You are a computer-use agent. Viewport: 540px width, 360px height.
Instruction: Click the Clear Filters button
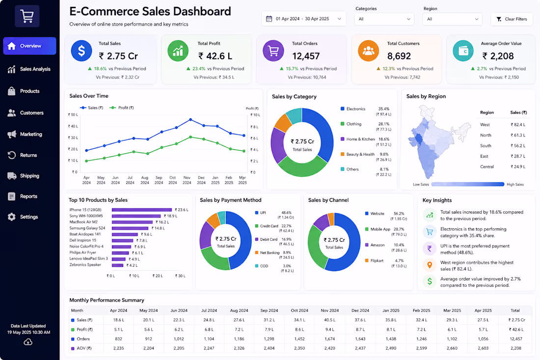click(x=512, y=19)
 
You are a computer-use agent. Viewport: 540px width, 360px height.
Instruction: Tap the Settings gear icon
click(x=12, y=217)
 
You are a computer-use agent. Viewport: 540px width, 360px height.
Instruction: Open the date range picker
click(x=303, y=19)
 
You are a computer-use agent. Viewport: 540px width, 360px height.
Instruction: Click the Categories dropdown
click(x=384, y=19)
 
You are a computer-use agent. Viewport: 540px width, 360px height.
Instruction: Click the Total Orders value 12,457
click(x=306, y=56)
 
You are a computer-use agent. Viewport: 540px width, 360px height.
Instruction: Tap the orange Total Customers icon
click(x=368, y=51)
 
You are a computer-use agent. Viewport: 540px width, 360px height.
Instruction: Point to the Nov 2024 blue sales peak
click(x=190, y=119)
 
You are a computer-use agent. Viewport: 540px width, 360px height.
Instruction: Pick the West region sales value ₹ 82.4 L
click(x=518, y=125)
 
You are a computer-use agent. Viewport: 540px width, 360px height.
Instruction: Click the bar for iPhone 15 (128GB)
click(x=142, y=210)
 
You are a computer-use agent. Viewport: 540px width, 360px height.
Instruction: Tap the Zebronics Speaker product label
click(x=85, y=265)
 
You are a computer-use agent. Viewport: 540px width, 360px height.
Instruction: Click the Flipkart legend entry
click(x=375, y=261)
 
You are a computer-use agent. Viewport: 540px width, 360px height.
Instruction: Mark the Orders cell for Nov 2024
click(x=329, y=339)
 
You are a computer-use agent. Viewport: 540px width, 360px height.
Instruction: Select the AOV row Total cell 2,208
click(x=515, y=348)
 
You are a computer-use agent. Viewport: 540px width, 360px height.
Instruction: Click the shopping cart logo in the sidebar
click(x=27, y=16)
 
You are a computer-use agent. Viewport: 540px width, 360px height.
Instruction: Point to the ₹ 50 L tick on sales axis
click(x=73, y=115)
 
